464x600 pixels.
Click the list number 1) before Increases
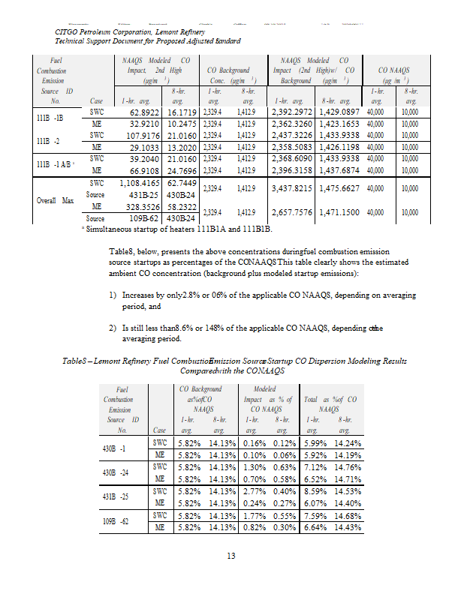pos(113,296)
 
